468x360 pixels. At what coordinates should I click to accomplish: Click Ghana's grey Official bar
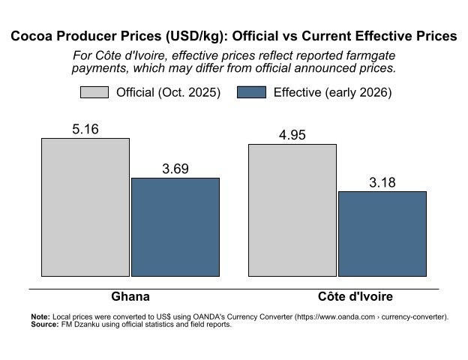pyautogui.click(x=85, y=207)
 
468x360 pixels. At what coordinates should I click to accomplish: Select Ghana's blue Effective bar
pyautogui.click(x=175, y=226)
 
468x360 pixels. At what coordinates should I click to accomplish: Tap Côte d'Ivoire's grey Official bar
pyautogui.click(x=292, y=210)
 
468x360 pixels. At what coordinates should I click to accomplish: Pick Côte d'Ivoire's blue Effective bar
pyautogui.click(x=382, y=233)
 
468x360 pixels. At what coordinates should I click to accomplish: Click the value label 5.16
pyautogui.click(x=85, y=130)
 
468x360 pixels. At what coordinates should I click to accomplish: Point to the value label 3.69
pyautogui.click(x=175, y=169)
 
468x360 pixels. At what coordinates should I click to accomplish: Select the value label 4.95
pyautogui.click(x=292, y=136)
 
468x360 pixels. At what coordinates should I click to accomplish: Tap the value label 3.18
pyautogui.click(x=382, y=183)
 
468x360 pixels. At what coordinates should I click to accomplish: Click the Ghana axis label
pyautogui.click(x=130, y=296)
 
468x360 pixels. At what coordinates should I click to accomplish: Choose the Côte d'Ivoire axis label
pyautogui.click(x=345, y=296)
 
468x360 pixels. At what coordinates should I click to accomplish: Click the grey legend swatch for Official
pyautogui.click(x=94, y=92)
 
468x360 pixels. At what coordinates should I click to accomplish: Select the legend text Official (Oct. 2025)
pyautogui.click(x=169, y=93)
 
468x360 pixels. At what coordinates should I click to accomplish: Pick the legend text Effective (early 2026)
pyautogui.click(x=333, y=93)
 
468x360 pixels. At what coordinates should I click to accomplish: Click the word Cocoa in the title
pyautogui.click(x=33, y=36)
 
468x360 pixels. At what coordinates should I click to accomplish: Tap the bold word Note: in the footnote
pyautogui.click(x=40, y=317)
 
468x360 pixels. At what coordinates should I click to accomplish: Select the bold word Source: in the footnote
pyautogui.click(x=44, y=325)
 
